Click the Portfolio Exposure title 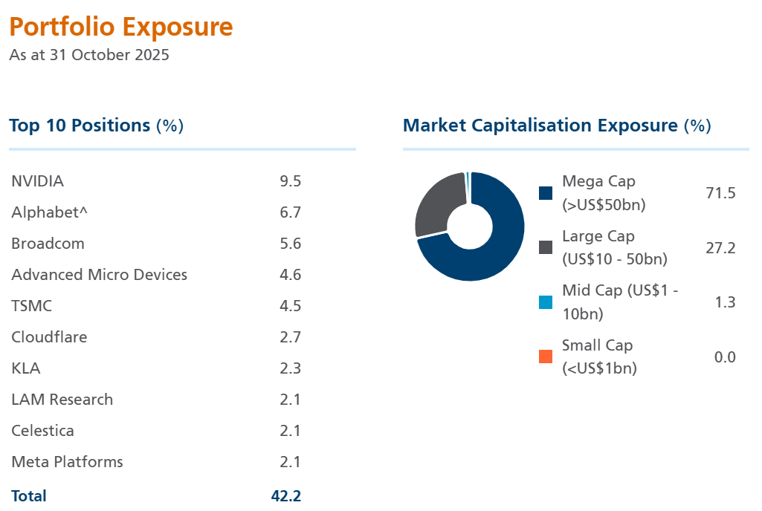point(121,27)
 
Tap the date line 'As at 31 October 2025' point(89,55)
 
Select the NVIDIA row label point(38,181)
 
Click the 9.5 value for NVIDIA point(291,181)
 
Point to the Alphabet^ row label point(50,212)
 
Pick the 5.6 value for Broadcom point(291,244)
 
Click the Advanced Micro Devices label point(100,275)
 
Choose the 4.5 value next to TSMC point(291,306)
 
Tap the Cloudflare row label point(49,337)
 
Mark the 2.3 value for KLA point(291,368)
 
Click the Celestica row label point(43,431)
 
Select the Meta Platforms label point(68,462)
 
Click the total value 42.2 point(286,496)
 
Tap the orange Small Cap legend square point(546,357)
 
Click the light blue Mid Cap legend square point(546,302)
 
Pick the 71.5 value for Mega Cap point(720,193)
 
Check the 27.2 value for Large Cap point(720,248)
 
